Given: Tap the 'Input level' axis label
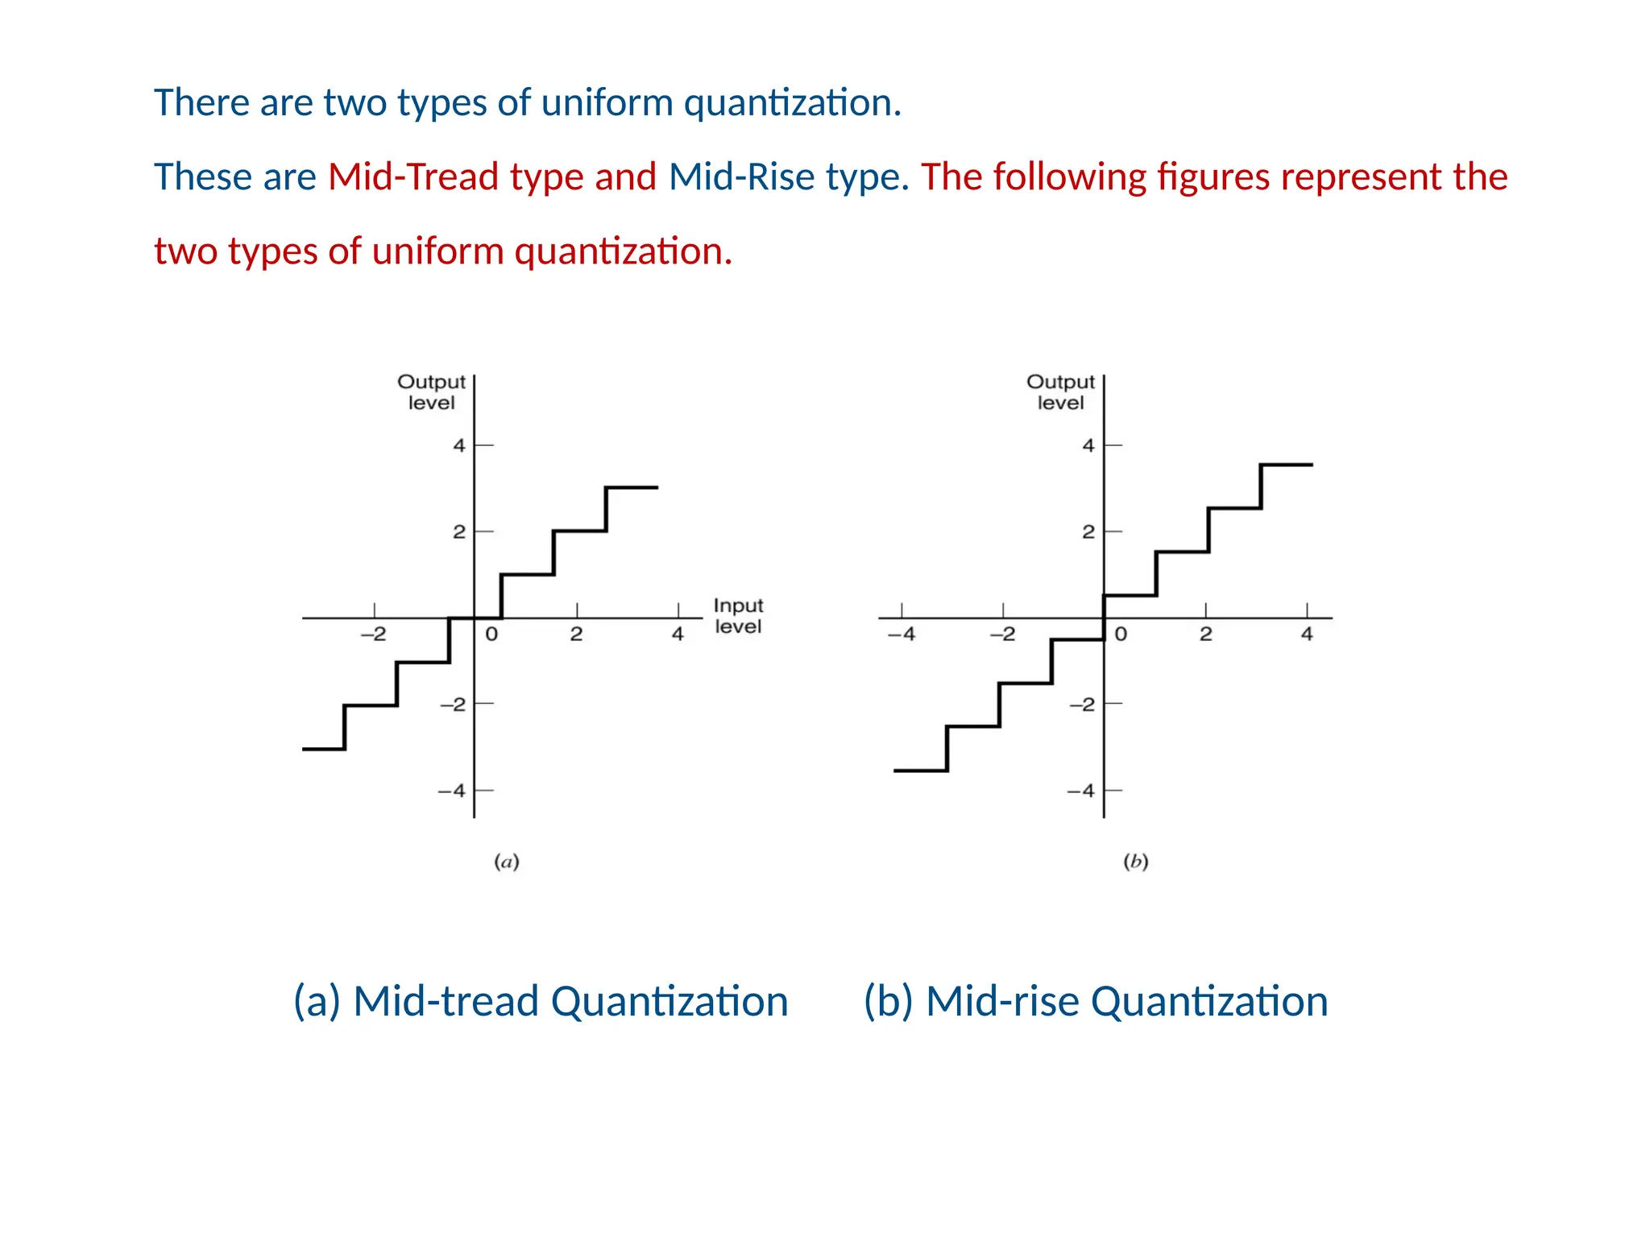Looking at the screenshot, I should coord(738,616).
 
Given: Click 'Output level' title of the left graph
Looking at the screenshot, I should coord(431,392).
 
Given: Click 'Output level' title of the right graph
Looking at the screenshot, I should coord(1060,392).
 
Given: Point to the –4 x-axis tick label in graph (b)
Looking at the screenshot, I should coord(902,634).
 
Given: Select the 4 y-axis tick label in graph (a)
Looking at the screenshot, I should coord(458,445).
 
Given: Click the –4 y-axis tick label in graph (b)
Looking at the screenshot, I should coord(1081,791).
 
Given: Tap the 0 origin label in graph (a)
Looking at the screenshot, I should coord(491,634).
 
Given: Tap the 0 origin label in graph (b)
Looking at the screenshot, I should coord(1121,634).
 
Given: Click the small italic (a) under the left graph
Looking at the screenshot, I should coord(506,862).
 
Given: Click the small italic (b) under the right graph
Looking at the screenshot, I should coord(1135,862).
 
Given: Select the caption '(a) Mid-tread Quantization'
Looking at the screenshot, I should coord(541,1002).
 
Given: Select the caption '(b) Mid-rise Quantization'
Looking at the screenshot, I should coord(1096,1002).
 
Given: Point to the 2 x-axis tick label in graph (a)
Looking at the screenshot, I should coord(576,634).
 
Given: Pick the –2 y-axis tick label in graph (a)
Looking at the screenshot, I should coord(453,704).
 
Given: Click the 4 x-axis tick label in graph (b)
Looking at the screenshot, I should coord(1307,634).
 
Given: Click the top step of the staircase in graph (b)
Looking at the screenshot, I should coord(1287,465).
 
